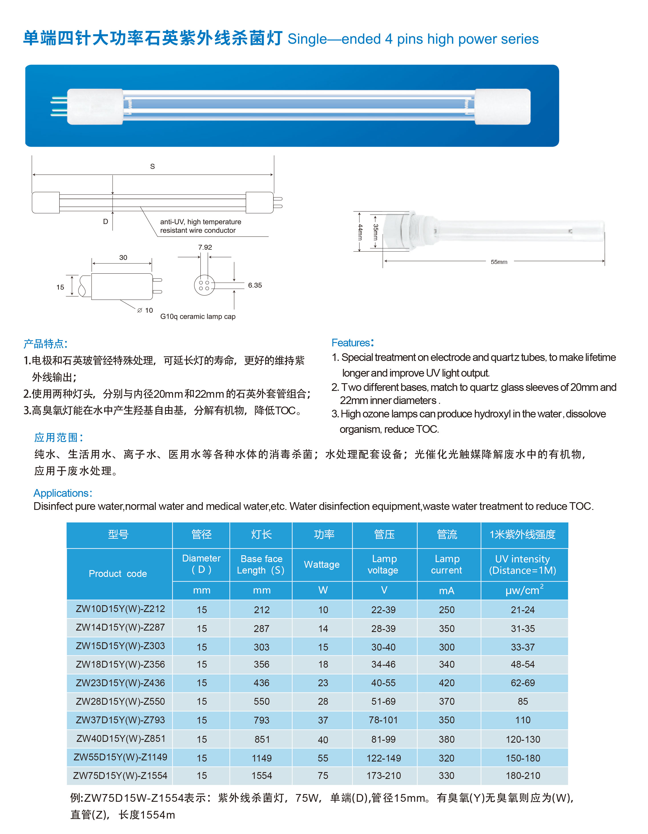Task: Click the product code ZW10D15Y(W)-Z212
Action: click(x=120, y=609)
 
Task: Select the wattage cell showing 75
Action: click(x=323, y=776)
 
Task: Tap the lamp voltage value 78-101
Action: click(x=383, y=720)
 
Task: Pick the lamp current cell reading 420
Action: click(x=446, y=683)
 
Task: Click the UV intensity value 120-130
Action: click(x=523, y=739)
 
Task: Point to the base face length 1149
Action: click(x=262, y=758)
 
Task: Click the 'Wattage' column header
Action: click(x=322, y=564)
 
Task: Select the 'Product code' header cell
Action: click(x=118, y=573)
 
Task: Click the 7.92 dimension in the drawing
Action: click(x=205, y=247)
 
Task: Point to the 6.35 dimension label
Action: click(x=255, y=285)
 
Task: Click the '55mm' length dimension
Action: click(x=499, y=262)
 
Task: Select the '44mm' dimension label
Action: click(x=359, y=232)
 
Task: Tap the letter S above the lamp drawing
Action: click(x=152, y=167)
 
